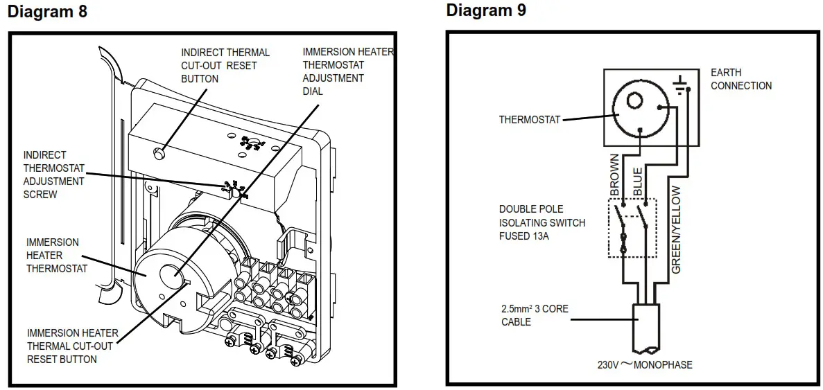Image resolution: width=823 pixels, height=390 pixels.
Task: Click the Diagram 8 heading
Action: click(47, 12)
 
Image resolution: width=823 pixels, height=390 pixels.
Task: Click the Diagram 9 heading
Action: click(486, 10)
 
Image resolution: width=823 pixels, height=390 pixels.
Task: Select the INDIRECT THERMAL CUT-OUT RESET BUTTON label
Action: click(225, 65)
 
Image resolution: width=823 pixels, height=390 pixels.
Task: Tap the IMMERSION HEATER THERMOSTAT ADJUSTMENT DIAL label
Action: click(347, 71)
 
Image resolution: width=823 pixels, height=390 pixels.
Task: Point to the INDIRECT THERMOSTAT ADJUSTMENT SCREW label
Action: click(54, 175)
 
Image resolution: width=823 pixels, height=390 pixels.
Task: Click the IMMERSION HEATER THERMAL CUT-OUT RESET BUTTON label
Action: click(72, 346)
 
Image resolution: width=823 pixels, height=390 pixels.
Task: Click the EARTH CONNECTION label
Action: click(740, 79)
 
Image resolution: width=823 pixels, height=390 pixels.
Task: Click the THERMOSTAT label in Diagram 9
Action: click(530, 120)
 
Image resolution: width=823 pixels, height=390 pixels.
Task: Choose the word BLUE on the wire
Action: click(638, 179)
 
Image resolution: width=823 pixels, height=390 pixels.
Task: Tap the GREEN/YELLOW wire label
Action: click(677, 229)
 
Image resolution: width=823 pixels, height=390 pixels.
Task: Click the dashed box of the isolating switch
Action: click(632, 229)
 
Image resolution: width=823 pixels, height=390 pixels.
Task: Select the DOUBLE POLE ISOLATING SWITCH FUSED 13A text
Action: click(542, 222)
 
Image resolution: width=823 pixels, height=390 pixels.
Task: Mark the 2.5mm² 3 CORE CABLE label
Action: click(535, 315)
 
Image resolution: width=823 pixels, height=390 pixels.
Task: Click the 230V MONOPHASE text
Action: click(645, 364)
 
